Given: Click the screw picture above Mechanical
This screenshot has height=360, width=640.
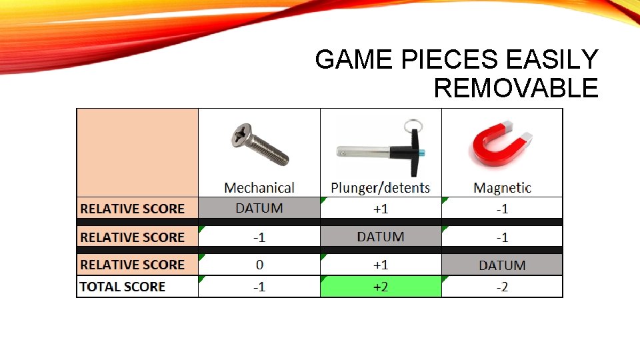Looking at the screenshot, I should (x=259, y=144).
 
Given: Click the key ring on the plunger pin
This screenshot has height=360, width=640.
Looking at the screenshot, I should (x=408, y=125).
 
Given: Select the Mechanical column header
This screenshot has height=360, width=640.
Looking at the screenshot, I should (x=259, y=188).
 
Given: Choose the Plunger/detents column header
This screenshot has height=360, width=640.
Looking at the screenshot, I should (x=381, y=188).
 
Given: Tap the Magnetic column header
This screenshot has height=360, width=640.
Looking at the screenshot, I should (x=502, y=188).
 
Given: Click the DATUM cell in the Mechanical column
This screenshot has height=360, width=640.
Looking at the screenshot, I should (x=259, y=208).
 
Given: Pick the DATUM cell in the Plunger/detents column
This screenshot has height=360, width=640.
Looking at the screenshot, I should (x=381, y=237).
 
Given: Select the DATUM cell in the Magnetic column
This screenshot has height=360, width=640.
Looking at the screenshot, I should (x=502, y=265).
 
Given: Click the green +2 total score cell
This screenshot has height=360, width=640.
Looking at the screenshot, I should (x=381, y=287).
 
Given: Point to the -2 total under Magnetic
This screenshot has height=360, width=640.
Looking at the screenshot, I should (x=502, y=287).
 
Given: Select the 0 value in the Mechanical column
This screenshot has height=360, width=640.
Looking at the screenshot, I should (x=259, y=265).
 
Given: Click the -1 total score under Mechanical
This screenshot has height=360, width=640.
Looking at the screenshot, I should (x=259, y=287).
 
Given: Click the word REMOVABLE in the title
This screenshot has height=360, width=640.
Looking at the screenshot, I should (x=516, y=88).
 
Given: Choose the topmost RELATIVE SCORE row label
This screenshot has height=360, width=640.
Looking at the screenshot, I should (x=132, y=209).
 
